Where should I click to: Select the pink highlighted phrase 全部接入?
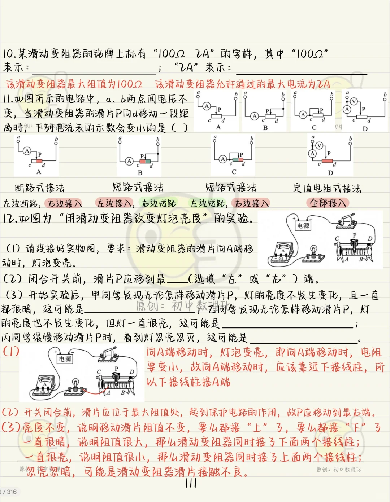click(x=328, y=203)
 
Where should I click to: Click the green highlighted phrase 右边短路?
click(x=159, y=203)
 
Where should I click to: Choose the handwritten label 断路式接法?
click(x=40, y=188)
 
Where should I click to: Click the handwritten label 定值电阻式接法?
click(x=327, y=188)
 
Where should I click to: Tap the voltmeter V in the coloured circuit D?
click(x=319, y=146)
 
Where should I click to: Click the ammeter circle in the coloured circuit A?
click(x=27, y=151)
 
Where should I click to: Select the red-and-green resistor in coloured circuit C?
click(x=238, y=159)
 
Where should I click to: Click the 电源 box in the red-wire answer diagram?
click(x=65, y=359)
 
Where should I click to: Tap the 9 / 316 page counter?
click(x=9, y=492)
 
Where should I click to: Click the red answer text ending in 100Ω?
click(x=74, y=84)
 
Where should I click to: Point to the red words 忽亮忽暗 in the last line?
click(x=49, y=472)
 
